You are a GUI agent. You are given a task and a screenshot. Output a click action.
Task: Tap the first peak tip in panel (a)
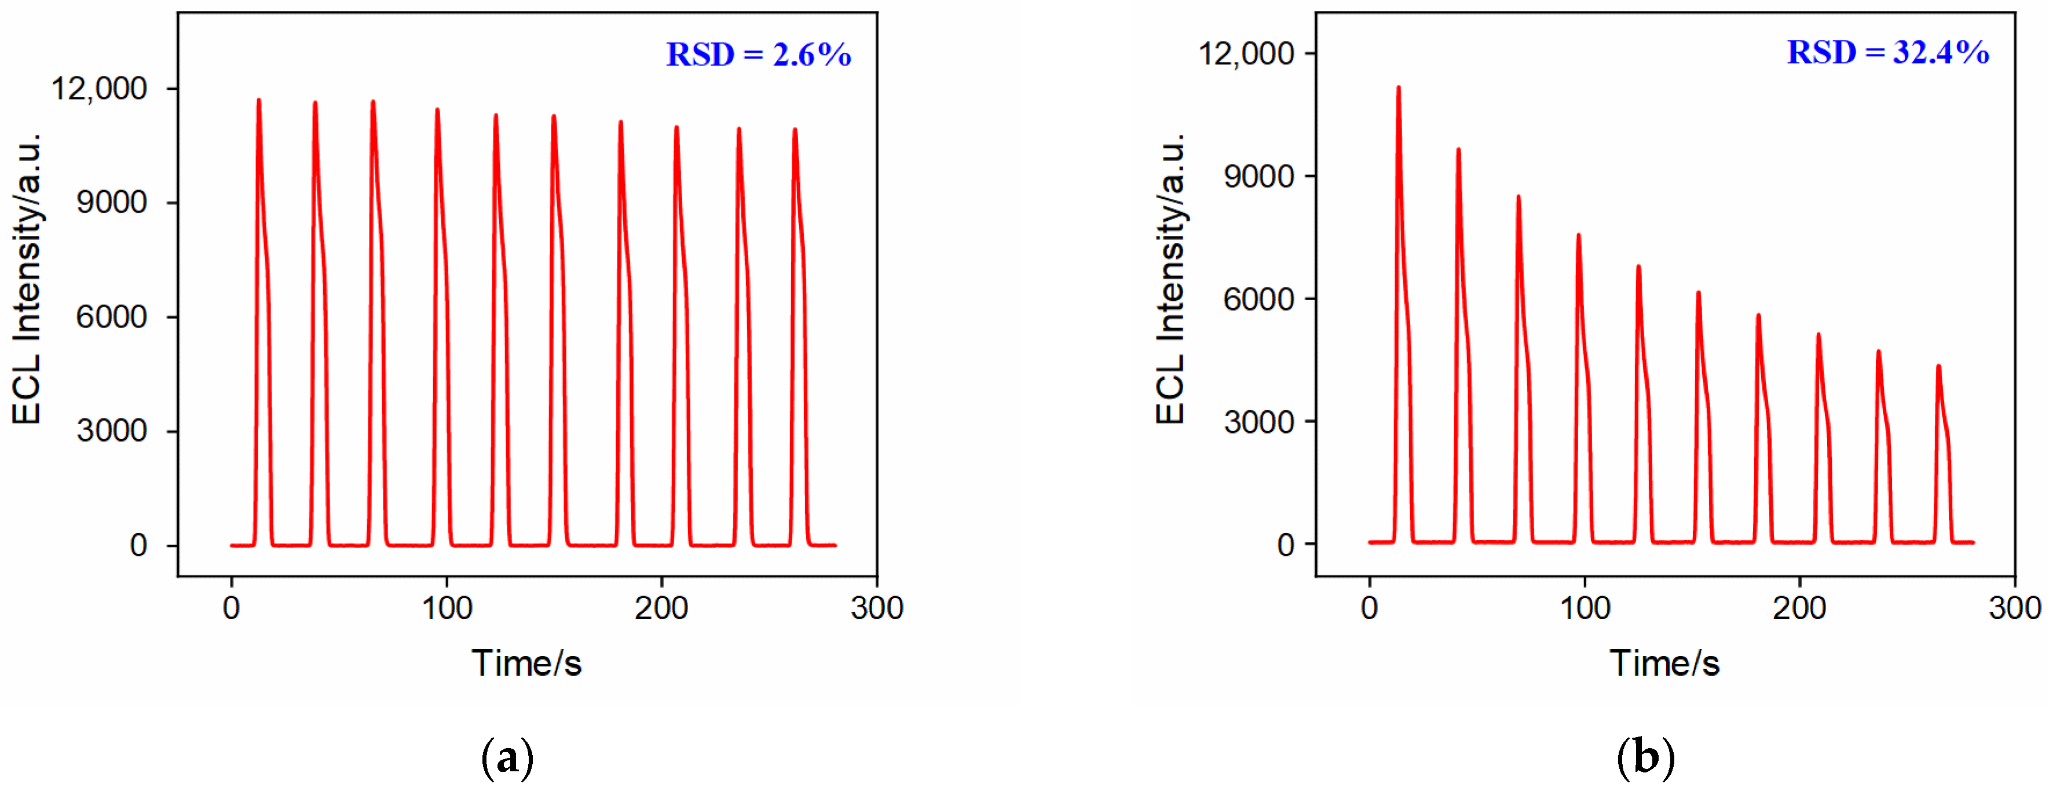pos(258,100)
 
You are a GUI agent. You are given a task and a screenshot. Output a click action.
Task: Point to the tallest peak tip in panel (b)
pos(1399,88)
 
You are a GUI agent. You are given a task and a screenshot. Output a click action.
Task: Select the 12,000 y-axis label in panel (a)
pos(100,88)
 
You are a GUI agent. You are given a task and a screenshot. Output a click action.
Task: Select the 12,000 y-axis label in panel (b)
pos(1246,53)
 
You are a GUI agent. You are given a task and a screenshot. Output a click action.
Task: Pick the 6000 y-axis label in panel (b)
pos(1259,299)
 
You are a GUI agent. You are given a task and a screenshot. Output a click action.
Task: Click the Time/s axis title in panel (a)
pos(526,663)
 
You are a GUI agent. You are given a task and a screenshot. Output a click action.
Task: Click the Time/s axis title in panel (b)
pos(1665,663)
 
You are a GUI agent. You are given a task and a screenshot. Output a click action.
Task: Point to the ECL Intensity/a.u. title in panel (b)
pos(1170,279)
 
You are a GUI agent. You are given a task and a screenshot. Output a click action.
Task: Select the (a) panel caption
pos(507,759)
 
